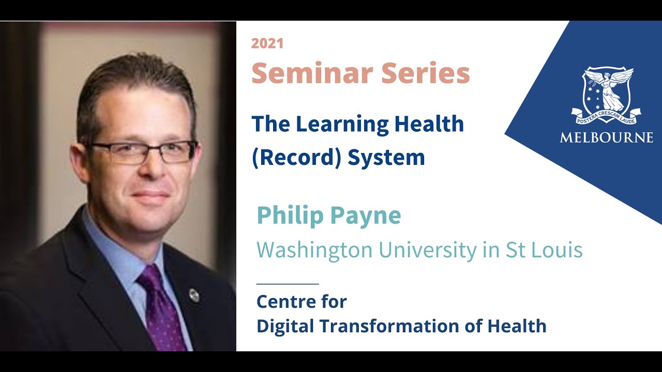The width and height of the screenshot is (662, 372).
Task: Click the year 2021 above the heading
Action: point(267,43)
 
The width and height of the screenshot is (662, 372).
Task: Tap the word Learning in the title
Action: point(340,124)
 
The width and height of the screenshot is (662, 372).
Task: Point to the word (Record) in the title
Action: point(296,157)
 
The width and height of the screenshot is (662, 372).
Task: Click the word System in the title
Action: point(386,157)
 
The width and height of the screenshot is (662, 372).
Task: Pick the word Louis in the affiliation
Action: point(560,250)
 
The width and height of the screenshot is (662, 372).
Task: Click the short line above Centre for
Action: point(288,284)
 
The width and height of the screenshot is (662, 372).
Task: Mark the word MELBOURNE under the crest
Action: point(606,137)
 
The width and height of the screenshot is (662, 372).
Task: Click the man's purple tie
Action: point(160,310)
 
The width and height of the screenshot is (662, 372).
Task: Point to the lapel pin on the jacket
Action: point(194,295)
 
